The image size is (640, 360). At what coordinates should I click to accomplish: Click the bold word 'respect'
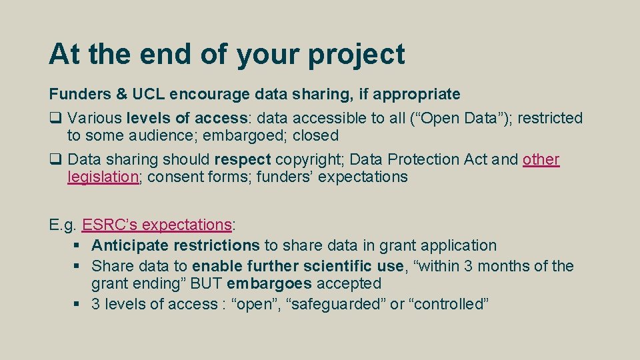(x=243, y=160)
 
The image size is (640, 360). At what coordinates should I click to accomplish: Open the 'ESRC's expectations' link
(x=157, y=225)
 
